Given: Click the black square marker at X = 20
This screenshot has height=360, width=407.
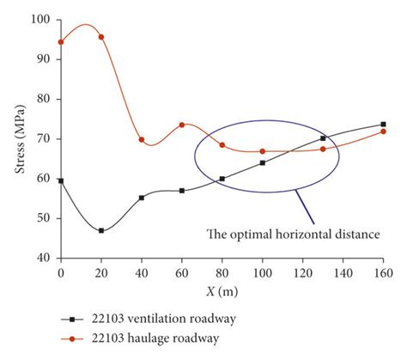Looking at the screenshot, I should coord(101,230).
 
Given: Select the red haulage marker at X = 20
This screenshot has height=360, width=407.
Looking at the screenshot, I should coord(101,37).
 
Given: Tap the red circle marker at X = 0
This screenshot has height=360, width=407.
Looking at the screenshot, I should coord(60,41).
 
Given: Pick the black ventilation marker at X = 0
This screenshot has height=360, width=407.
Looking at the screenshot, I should coord(60,180).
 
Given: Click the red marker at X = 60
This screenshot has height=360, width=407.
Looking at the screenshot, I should coord(182,125).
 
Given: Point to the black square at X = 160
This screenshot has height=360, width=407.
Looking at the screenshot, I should coord(383,125).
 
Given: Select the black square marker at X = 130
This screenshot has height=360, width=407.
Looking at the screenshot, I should coord(323,138).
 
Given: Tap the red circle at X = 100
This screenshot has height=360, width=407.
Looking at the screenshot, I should coord(263,151).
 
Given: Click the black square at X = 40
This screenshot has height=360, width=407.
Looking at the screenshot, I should coord(142,198).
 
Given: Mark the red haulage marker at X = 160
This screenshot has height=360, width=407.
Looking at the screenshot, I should coord(383,131).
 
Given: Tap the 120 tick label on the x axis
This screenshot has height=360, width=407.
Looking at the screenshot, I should coord(302,272).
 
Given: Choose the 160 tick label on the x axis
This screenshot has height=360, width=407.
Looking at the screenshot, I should coord(383,272).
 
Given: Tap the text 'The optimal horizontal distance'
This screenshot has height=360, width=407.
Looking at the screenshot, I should coord(294,232).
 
